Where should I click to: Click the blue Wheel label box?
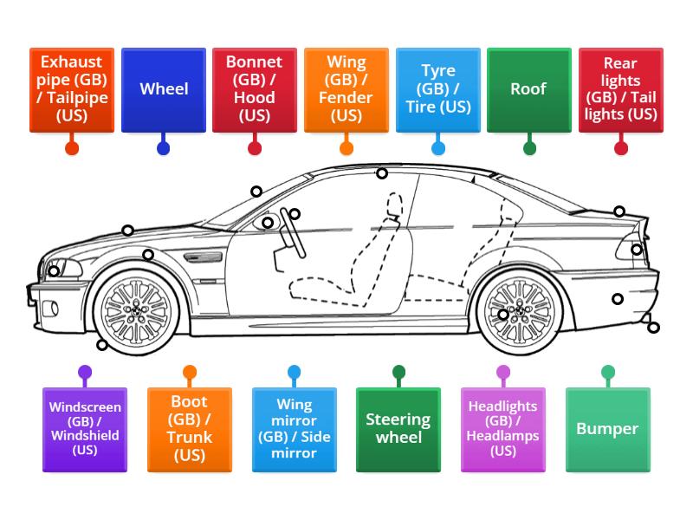coord(164,89)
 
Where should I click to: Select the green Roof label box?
coord(528,89)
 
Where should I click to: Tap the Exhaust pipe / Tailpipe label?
coord(72,89)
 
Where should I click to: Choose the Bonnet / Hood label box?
coord(255,89)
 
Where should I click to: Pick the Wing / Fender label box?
coord(346,89)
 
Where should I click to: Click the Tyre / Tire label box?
coord(437,89)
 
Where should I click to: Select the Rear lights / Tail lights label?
coord(620,89)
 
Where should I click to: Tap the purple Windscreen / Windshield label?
coord(85,429)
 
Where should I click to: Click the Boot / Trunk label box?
coord(190,429)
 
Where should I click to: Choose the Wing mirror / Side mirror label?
coord(295,429)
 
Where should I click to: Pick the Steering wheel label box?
coord(398,429)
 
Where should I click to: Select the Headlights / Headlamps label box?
coord(503,429)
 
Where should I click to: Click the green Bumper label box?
coord(607,429)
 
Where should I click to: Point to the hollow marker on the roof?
coord(382,174)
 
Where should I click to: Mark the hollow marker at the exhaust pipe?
coord(653,328)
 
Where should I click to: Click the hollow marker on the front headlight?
coord(54,271)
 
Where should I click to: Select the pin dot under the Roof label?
coord(529,148)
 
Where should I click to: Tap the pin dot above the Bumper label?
coord(608,373)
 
